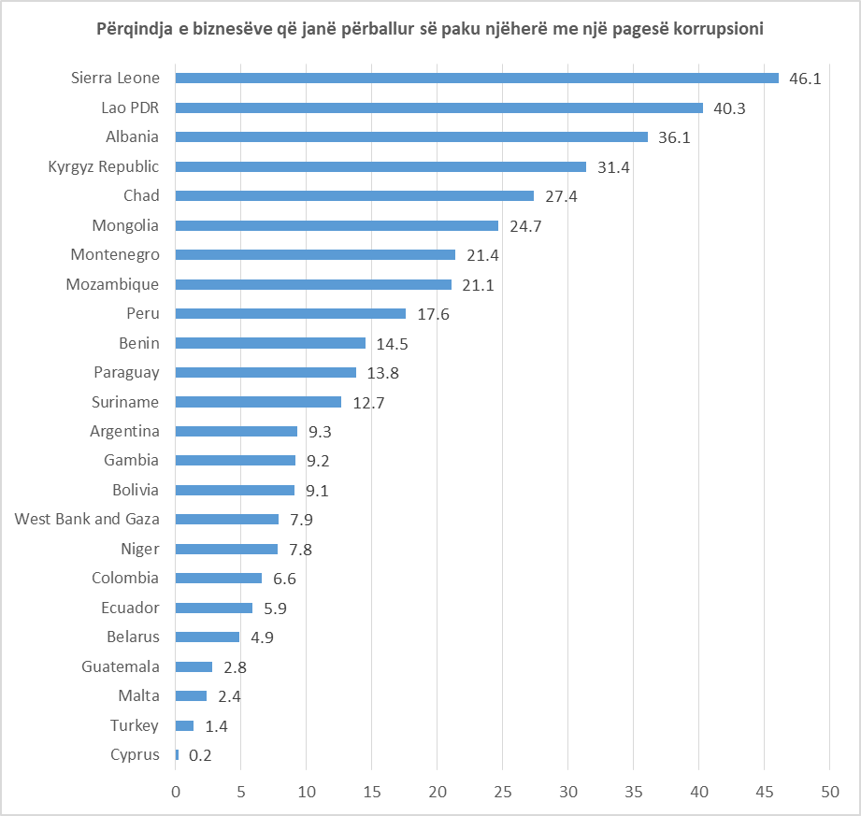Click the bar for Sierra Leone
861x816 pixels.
(477, 79)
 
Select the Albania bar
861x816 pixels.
(411, 137)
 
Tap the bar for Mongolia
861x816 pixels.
(337, 225)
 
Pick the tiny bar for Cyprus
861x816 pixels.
(177, 754)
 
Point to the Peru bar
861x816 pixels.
(290, 314)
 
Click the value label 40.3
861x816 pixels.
(729, 108)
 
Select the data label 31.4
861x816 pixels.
(613, 167)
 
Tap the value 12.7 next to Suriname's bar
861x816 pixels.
(368, 403)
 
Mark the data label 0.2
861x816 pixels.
(200, 755)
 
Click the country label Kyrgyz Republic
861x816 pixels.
(104, 166)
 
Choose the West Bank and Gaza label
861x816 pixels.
(87, 519)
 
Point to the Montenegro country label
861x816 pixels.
(115, 254)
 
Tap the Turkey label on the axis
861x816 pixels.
(135, 725)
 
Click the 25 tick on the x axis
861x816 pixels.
(502, 791)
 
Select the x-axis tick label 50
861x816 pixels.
(829, 791)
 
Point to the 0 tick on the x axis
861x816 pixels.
(176, 791)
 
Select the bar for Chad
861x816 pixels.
(354, 196)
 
